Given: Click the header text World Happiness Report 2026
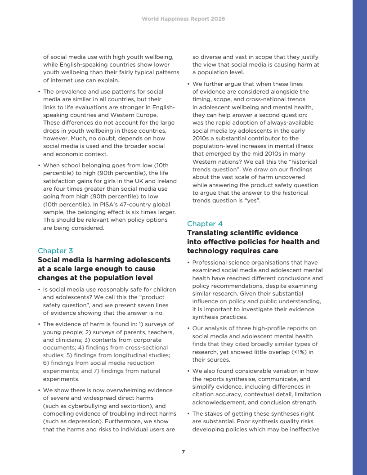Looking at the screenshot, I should tap(183, 19).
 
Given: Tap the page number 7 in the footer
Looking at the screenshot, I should tap(183, 452).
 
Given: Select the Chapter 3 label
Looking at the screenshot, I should tap(55, 251).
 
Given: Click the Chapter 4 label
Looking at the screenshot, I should tap(205, 224).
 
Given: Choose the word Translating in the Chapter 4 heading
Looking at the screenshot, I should tap(209, 233).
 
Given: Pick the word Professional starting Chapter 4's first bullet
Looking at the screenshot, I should tap(210, 263).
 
